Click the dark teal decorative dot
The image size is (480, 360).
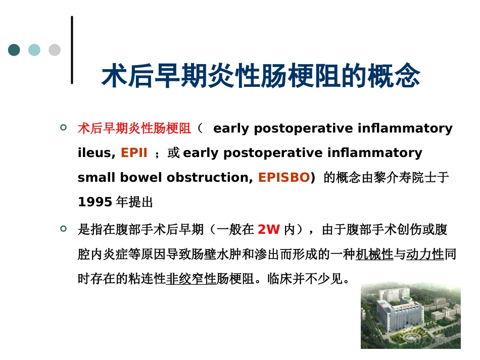point(14,50)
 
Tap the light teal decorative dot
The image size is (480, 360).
point(34,50)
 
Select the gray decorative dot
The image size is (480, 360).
point(55,50)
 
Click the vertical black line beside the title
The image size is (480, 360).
point(72,50)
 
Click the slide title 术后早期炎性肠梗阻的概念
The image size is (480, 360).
point(261,76)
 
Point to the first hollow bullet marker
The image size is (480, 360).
point(63,127)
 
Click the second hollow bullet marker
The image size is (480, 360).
point(63,229)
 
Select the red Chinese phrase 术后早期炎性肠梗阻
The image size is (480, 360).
point(134,128)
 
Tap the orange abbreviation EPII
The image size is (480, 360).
point(134,152)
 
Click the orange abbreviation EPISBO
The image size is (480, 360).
point(284,177)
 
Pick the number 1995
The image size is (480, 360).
point(95,202)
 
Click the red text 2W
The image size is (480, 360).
point(269,229)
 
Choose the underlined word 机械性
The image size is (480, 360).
point(374,254)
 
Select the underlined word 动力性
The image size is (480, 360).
point(425,254)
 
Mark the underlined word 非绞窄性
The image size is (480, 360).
point(191,279)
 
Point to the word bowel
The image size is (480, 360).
point(141,177)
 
